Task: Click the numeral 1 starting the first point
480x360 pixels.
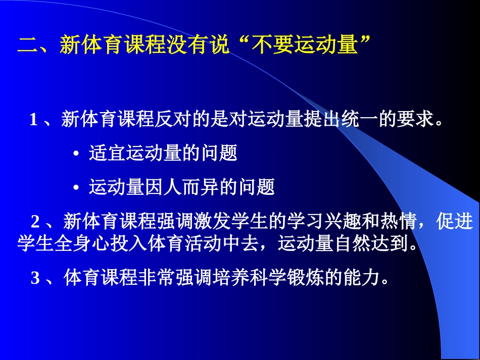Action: pyautogui.click(x=34, y=120)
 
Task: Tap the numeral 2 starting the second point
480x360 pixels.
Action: pyautogui.click(x=36, y=221)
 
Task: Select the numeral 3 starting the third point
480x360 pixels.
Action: pyautogui.click(x=35, y=278)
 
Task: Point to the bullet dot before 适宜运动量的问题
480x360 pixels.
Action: pyautogui.click(x=76, y=155)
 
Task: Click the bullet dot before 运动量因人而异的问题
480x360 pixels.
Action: pyautogui.click(x=76, y=188)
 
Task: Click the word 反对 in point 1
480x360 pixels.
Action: pyautogui.click(x=173, y=120)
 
